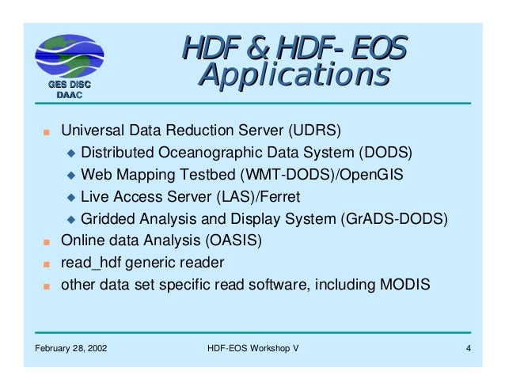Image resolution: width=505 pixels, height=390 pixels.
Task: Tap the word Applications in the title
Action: pyautogui.click(x=294, y=77)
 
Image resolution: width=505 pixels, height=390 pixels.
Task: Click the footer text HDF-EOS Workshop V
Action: pyautogui.click(x=252, y=349)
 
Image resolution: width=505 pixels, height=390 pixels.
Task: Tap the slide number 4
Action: pyautogui.click(x=469, y=349)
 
